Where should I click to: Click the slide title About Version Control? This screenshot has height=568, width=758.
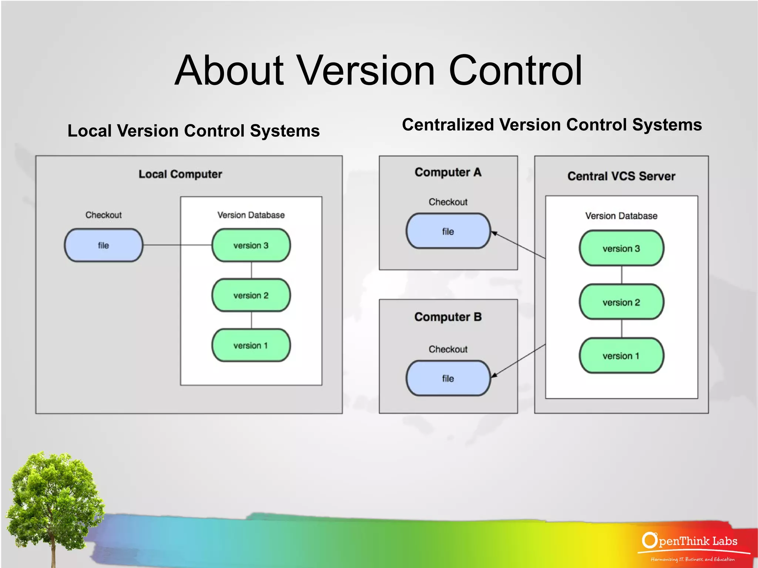378,70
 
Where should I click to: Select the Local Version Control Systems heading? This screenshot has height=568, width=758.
193,131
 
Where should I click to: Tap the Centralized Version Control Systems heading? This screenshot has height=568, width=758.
551,125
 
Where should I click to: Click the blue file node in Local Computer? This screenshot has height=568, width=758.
103,245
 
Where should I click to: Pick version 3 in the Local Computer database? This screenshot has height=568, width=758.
251,245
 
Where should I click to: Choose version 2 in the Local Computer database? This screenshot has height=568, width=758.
251,295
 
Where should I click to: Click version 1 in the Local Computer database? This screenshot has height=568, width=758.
251,345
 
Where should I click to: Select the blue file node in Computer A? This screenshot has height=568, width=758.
448,231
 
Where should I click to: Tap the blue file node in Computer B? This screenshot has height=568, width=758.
448,378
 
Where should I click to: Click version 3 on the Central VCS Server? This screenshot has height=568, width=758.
621,248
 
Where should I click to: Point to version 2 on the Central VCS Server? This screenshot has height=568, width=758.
621,302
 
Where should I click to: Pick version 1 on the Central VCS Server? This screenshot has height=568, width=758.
621,356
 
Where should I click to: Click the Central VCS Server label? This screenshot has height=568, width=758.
621,176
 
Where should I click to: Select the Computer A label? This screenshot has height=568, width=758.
448,172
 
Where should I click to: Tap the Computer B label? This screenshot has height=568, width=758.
448,317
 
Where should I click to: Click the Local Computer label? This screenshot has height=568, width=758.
180,174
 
